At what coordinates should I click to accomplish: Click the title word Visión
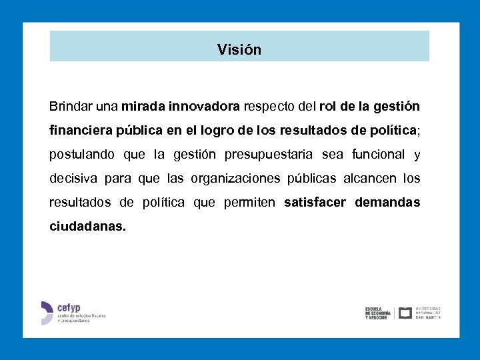click(x=239, y=50)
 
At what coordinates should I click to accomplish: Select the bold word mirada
click(x=143, y=106)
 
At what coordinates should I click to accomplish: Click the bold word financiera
click(x=82, y=130)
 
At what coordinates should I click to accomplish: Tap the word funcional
click(x=378, y=154)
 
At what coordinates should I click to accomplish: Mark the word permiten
click(x=250, y=203)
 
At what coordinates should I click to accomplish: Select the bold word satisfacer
click(x=315, y=202)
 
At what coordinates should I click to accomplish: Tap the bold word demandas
click(x=387, y=202)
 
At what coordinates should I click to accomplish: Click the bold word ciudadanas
click(x=87, y=226)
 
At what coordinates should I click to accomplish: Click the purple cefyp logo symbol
click(x=46, y=313)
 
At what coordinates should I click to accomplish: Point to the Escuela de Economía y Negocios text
click(x=378, y=313)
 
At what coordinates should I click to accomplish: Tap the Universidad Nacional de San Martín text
click(x=428, y=313)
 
